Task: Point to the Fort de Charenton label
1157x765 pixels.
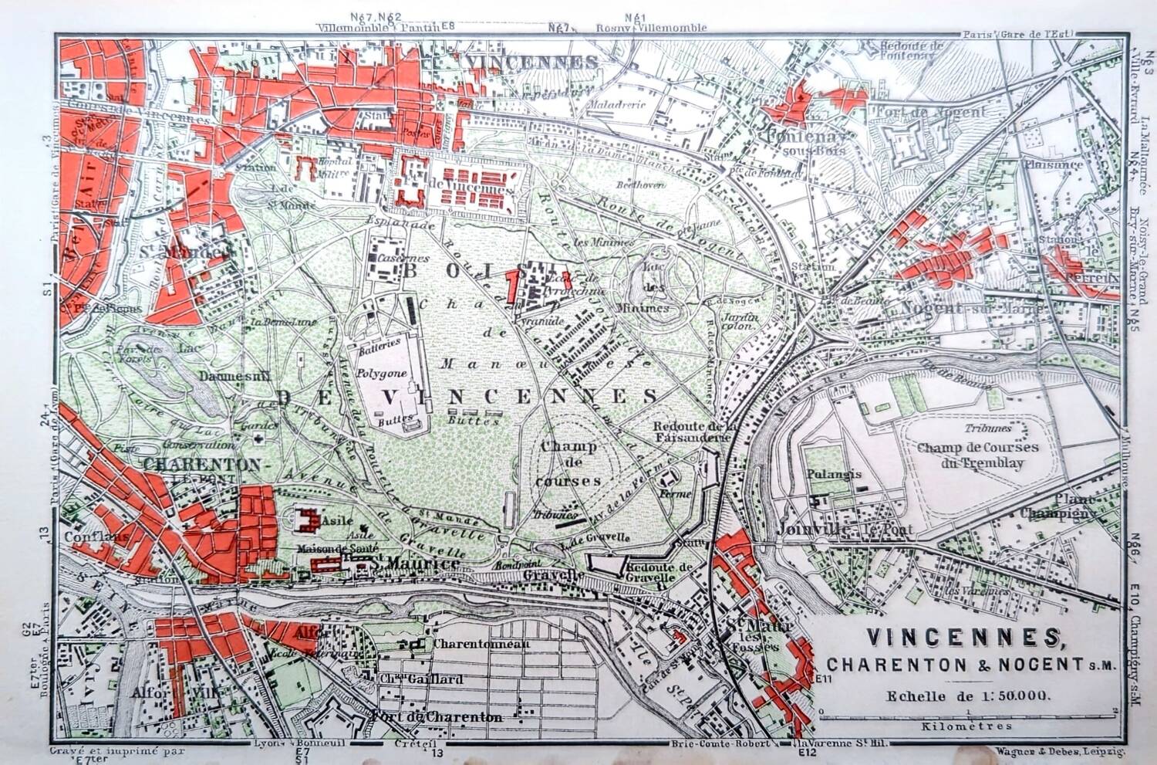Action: pyautogui.click(x=437, y=717)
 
